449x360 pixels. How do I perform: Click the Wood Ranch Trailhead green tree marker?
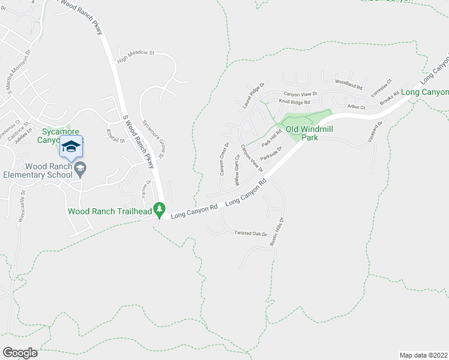(x=159, y=210)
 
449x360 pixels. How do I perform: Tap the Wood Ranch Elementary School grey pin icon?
(x=79, y=171)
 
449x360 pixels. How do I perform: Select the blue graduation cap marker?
(x=71, y=147)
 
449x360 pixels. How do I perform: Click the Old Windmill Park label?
(x=309, y=133)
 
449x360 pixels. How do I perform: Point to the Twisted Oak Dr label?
(x=250, y=233)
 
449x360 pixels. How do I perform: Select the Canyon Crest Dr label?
(x=224, y=159)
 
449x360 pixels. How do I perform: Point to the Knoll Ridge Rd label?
(x=298, y=102)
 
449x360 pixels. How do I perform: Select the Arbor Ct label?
(x=356, y=107)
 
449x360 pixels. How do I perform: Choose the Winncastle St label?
(x=22, y=208)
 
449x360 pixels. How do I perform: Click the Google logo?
(x=20, y=352)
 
